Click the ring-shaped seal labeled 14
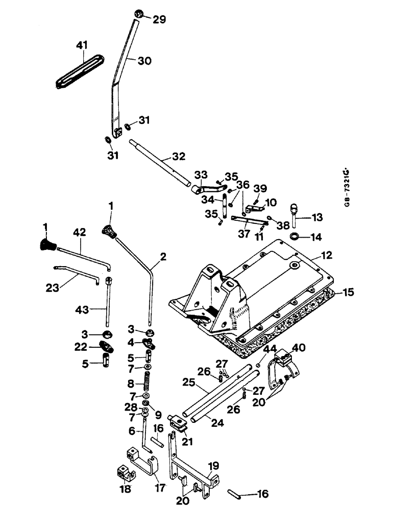coord(294,237)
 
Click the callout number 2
coord(162,258)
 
